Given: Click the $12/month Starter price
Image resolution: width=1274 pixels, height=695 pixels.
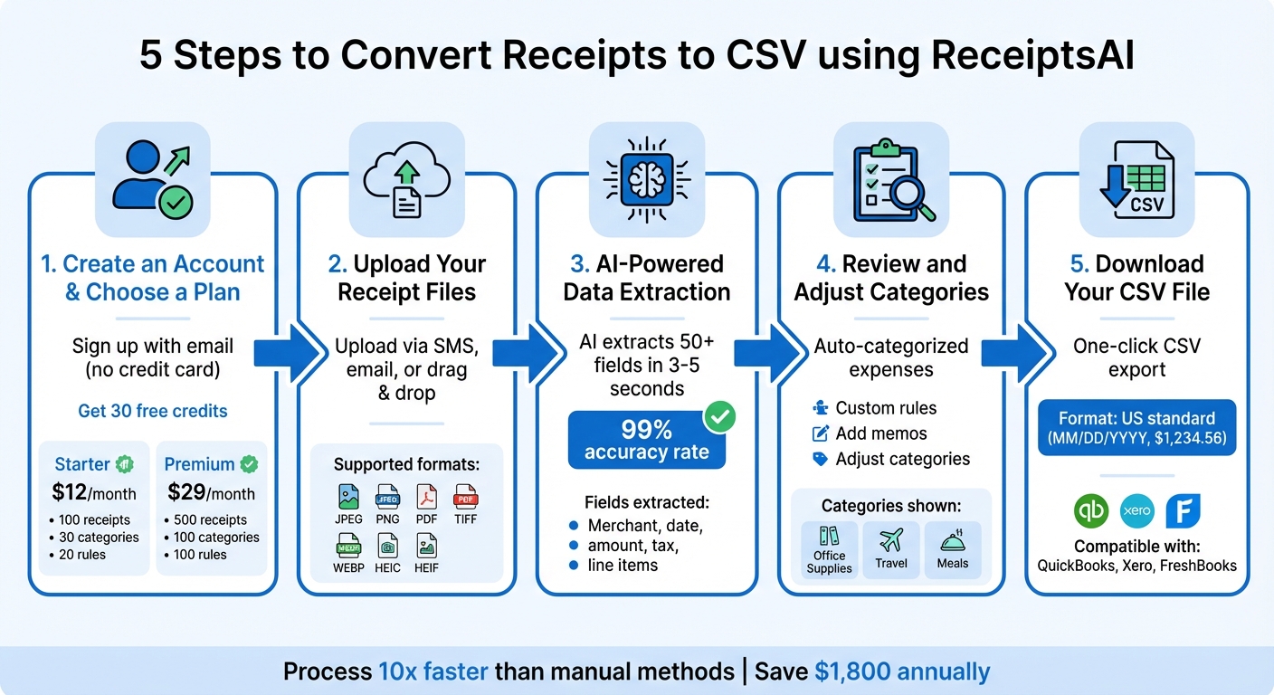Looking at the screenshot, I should click(94, 493).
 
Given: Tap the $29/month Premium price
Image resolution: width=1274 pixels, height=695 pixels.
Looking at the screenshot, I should click(210, 493).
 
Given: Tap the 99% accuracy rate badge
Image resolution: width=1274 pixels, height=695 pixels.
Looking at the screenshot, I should click(646, 440).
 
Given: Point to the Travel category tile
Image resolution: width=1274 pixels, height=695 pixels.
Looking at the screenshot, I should click(890, 549).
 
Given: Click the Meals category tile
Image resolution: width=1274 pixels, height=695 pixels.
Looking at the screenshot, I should click(952, 549).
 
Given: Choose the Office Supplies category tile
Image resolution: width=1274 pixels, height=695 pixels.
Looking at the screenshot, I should click(829, 549).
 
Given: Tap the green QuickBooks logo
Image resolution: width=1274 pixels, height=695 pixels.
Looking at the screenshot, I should click(1090, 511).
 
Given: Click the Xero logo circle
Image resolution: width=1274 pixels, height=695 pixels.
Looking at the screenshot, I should click(1136, 511).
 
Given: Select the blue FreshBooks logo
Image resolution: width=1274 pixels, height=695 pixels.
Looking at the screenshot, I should click(1183, 511).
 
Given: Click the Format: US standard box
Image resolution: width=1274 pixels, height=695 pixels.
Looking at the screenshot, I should click(1136, 428).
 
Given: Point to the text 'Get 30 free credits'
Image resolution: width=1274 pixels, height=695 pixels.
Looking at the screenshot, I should click(153, 411).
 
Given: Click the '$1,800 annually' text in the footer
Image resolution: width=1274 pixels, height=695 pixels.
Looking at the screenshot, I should click(902, 671).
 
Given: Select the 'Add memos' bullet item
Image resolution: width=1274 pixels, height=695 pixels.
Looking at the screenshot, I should click(880, 433).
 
